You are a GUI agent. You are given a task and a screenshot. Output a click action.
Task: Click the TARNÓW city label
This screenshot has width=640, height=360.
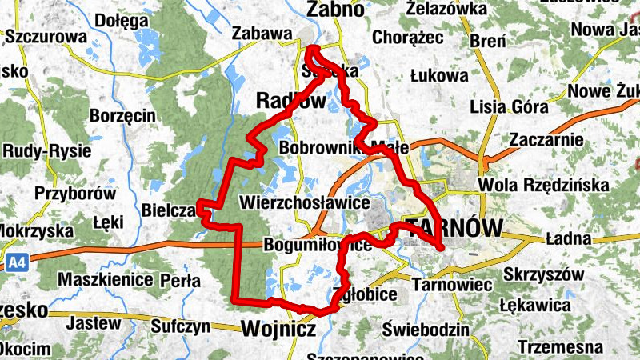454,227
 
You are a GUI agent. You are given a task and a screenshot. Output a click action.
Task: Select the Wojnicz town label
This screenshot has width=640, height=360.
277,328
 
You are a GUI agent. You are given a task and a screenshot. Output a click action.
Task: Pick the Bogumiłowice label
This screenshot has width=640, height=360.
317,245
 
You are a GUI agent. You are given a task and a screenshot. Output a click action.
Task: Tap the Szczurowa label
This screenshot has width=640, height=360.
45,37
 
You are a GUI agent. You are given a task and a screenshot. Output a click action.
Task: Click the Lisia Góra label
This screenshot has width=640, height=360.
510,107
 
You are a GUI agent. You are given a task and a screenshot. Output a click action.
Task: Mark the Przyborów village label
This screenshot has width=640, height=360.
75,194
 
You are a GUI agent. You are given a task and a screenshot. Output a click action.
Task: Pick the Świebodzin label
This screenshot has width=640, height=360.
425,330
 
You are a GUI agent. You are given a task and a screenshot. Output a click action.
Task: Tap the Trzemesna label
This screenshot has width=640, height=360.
560,347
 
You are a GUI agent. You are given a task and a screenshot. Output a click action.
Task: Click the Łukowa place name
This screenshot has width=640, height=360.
438,76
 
